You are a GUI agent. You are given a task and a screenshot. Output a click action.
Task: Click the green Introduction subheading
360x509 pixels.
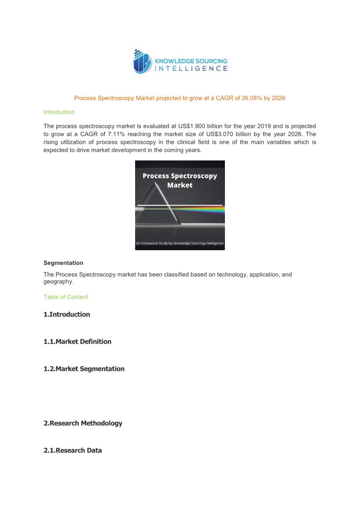pyautogui.click(x=59, y=112)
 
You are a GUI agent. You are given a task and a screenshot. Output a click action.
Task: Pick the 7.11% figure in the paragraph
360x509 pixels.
pyautogui.click(x=115, y=134)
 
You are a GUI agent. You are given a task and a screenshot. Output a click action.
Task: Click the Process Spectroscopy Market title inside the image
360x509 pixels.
pyautogui.click(x=180, y=180)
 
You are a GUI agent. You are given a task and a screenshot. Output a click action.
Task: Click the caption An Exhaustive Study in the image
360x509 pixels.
pyautogui.click(x=180, y=243)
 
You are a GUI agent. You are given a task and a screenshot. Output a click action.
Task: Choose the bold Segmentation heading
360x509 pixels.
pyautogui.click(x=63, y=263)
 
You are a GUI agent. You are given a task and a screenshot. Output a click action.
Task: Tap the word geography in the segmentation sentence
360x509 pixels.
pyautogui.click(x=58, y=281)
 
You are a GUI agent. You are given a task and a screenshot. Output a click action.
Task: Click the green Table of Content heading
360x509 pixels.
pyautogui.click(x=66, y=297)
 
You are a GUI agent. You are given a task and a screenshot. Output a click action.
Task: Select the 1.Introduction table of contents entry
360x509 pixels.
pyautogui.click(x=67, y=315)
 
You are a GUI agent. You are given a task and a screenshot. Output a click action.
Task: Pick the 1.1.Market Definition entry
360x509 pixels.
pyautogui.click(x=78, y=342)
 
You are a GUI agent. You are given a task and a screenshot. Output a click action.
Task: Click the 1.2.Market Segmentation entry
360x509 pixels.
pyautogui.click(x=84, y=369)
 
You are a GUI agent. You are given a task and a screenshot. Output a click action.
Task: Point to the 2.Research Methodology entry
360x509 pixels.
pyautogui.click(x=83, y=423)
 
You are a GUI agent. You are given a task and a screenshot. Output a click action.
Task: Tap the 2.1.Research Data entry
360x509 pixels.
pyautogui.click(x=73, y=451)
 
